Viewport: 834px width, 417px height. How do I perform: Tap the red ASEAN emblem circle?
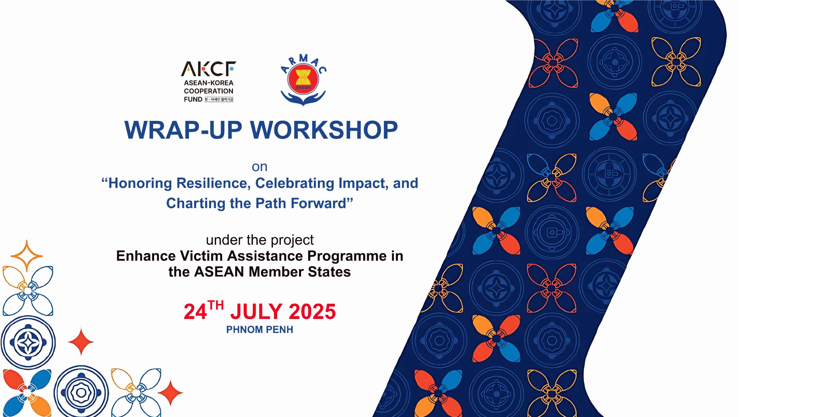tap(303, 79)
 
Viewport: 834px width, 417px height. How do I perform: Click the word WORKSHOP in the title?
tap(324, 130)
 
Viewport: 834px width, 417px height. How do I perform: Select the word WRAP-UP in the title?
tap(183, 130)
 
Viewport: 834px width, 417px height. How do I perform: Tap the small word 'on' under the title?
tap(260, 167)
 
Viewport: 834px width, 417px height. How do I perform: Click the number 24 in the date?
tap(195, 312)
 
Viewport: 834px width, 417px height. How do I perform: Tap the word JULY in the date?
tap(256, 312)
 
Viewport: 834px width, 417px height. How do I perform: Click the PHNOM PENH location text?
tap(260, 330)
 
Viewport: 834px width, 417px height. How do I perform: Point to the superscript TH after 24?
tap(216, 305)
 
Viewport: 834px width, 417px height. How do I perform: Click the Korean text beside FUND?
tap(219, 99)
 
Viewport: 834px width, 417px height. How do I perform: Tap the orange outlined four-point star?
tap(27, 256)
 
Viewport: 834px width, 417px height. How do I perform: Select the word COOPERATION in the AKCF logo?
tap(208, 91)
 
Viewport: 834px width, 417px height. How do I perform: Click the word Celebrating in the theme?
tap(295, 183)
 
